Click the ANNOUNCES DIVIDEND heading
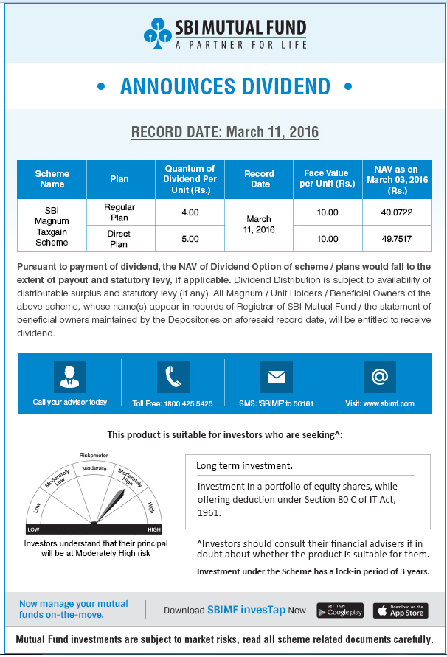click(x=223, y=86)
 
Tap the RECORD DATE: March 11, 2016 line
click(x=224, y=133)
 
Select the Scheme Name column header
click(x=52, y=179)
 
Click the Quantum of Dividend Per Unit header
click(x=190, y=179)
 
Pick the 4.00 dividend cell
click(x=190, y=212)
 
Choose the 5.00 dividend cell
click(x=190, y=239)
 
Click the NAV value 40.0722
click(x=397, y=212)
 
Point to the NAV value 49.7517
click(x=397, y=239)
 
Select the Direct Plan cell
click(x=119, y=239)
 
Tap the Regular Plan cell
click(x=119, y=212)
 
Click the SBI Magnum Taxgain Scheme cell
click(x=52, y=226)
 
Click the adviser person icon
click(x=70, y=377)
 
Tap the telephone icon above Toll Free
click(x=173, y=377)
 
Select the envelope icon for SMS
click(x=276, y=377)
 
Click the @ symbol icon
click(x=379, y=377)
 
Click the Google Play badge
click(x=340, y=611)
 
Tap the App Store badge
click(x=401, y=611)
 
